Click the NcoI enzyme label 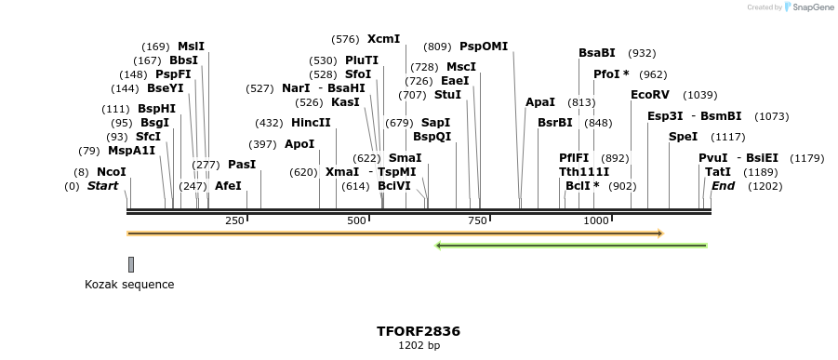point(111,172)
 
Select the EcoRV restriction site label point(649,95)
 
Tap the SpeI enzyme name point(682,137)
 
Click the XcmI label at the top point(383,39)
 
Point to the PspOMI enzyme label point(484,47)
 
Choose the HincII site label point(311,123)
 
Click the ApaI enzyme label point(539,102)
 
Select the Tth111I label point(583,172)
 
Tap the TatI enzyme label point(717,172)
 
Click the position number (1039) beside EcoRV point(700,95)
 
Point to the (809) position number point(437,47)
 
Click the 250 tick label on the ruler point(233,220)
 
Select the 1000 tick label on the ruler point(596,220)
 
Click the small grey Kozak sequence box point(131,264)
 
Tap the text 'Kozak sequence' point(129,285)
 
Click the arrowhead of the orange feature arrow point(659,233)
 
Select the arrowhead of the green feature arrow point(439,246)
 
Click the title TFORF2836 point(419,331)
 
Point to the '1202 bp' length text point(419,346)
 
